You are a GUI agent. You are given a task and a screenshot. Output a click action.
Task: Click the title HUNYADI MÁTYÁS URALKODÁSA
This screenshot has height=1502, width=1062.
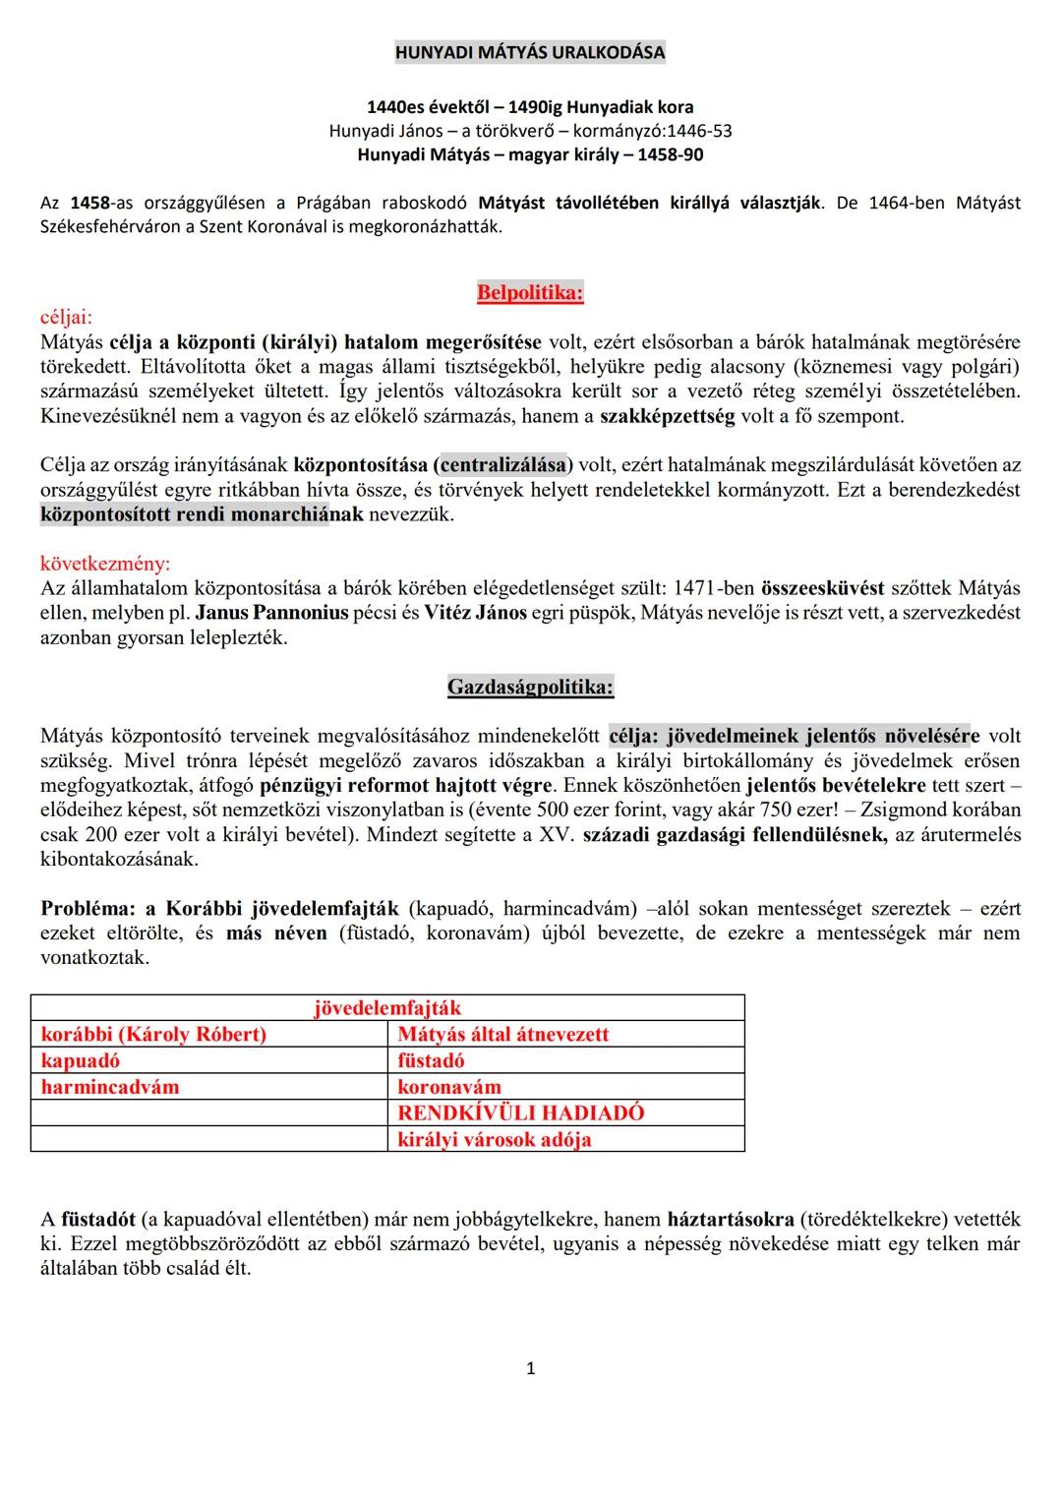pyautogui.click(x=530, y=52)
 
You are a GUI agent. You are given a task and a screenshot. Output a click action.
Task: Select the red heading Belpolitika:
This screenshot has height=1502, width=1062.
pyautogui.click(x=530, y=292)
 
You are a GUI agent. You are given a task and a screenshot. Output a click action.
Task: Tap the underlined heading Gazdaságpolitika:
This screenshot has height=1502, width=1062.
pyautogui.click(x=530, y=687)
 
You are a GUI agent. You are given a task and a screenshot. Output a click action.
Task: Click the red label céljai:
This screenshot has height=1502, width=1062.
pyautogui.click(x=66, y=317)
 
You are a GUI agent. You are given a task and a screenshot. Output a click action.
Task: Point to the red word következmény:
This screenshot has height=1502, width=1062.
pyautogui.click(x=104, y=564)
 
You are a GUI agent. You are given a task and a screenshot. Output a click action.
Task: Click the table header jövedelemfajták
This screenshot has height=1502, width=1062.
pyautogui.click(x=386, y=1007)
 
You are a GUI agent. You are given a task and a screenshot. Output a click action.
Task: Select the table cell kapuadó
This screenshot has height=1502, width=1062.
pyautogui.click(x=81, y=1060)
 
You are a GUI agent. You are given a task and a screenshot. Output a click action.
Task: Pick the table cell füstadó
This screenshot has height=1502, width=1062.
pyautogui.click(x=431, y=1060)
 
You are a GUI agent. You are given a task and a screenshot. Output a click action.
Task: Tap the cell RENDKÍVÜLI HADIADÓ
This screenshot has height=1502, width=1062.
pyautogui.click(x=520, y=1112)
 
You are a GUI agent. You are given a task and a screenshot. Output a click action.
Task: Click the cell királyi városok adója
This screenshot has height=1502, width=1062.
pyautogui.click(x=494, y=1139)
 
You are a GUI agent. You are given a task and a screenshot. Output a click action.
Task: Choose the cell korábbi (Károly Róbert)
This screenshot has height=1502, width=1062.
pyautogui.click(x=153, y=1034)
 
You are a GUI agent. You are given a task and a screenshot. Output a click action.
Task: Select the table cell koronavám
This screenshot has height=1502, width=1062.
pyautogui.click(x=448, y=1087)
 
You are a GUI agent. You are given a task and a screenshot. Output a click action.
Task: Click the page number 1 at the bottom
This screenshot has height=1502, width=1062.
pyautogui.click(x=531, y=1368)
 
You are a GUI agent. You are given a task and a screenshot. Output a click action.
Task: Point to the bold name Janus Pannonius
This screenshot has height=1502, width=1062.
pyautogui.click(x=271, y=613)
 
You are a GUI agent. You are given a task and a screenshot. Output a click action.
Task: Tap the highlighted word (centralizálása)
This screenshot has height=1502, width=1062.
pyautogui.click(x=502, y=465)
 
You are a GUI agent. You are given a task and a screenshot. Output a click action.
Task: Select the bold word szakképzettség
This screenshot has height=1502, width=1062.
pyautogui.click(x=667, y=416)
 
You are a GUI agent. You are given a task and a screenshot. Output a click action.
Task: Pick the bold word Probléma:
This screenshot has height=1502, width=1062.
pyautogui.click(x=87, y=908)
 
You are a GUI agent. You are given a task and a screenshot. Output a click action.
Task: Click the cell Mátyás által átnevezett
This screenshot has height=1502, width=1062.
pyautogui.click(x=502, y=1034)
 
